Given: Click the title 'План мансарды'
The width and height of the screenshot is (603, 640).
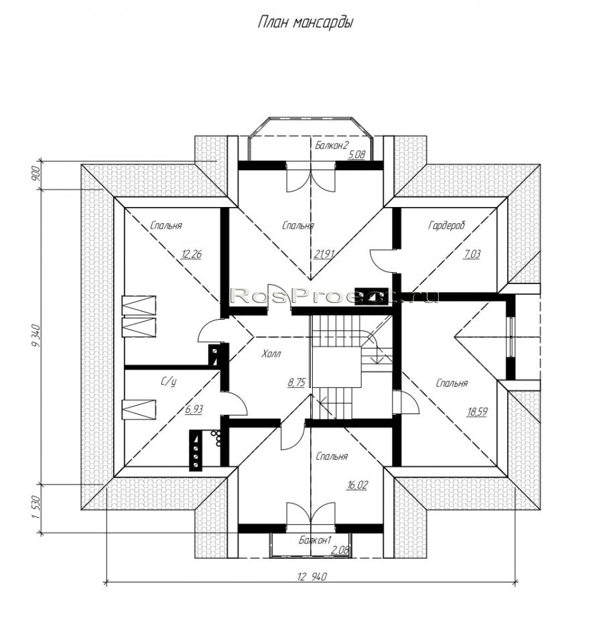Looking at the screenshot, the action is pos(305,23).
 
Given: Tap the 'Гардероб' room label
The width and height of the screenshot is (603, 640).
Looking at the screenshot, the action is pos(447,225).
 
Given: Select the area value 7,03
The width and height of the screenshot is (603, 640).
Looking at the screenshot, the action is pos(472,254).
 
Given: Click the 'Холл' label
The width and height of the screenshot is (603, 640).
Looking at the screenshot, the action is pos(271,353).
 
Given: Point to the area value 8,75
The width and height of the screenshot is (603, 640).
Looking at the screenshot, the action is pos(297,383).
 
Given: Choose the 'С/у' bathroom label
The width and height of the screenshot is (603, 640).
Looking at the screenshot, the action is pos(168,381).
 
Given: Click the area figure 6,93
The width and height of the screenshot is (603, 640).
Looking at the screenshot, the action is pos(194,409).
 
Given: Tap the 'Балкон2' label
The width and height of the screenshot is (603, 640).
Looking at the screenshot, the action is pos(332,145).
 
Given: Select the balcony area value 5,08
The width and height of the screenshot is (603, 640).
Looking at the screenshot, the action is pos(356,155).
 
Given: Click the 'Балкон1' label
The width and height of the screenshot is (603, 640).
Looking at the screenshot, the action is pos(314,540).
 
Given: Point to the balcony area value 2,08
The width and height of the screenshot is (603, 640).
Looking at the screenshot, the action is pos(340,550).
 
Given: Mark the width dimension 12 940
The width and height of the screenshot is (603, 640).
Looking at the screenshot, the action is pos(312,577).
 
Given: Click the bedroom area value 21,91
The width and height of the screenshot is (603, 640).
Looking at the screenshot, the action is pos(324,254).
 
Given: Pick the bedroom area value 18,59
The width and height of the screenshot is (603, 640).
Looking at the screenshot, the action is pos(477,412).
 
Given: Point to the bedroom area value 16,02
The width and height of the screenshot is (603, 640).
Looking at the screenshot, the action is pos(357,485).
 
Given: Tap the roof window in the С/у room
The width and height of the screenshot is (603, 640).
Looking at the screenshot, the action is pos(139,409).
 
